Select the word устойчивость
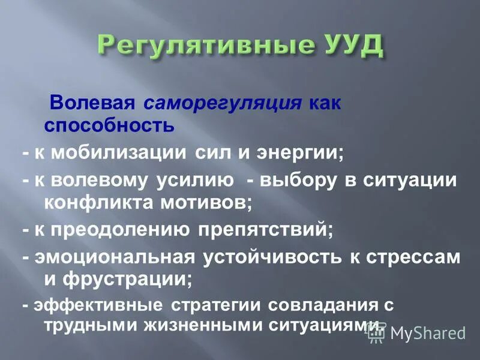[266, 257]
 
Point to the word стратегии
[217, 305]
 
